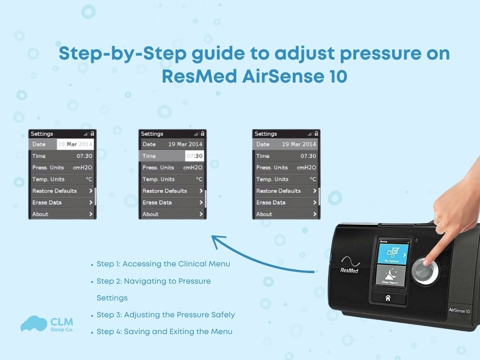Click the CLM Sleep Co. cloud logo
coord(34,324)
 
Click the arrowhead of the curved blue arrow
coord(214,239)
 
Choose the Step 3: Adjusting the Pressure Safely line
coord(166,315)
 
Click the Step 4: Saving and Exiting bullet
coord(164,332)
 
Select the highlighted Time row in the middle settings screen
coord(172,156)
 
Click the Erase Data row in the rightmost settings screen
coord(286,203)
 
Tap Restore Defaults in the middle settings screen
coord(172,191)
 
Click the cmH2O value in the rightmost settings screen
coord(306,168)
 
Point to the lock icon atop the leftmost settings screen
coord(92,133)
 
